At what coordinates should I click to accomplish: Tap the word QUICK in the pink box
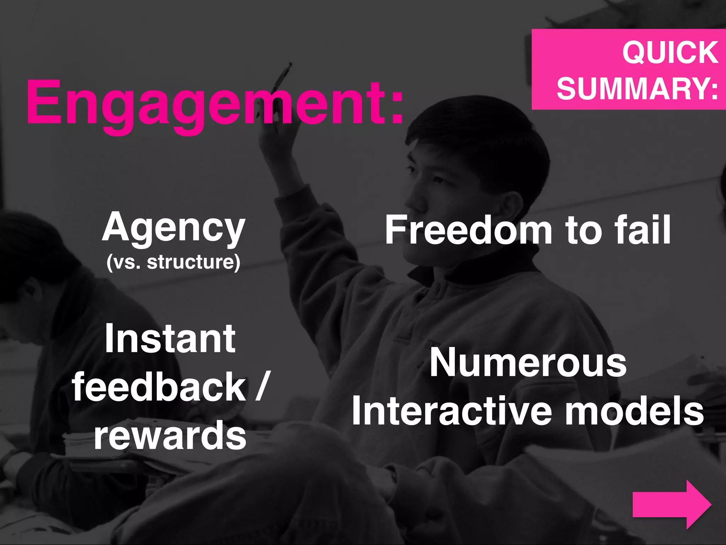pos(670,53)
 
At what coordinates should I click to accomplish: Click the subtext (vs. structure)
pos(173,263)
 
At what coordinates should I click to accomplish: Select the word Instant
pos(170,339)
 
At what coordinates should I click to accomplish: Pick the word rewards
pos(170,435)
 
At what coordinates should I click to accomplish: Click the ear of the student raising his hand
pos(509,209)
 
